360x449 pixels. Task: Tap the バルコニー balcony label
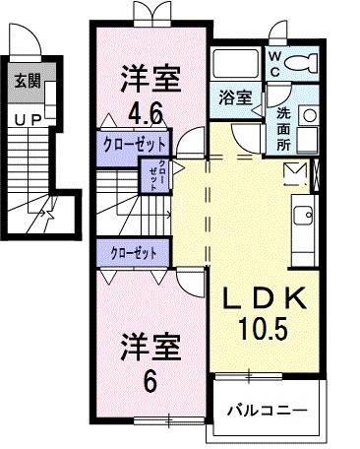coord(266,409)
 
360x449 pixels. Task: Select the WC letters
coord(274,65)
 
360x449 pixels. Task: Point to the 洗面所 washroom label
coord(282,126)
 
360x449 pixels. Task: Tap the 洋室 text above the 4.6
coord(150,73)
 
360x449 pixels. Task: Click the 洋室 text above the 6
coord(150,347)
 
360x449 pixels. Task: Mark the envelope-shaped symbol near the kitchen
coord(296,174)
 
